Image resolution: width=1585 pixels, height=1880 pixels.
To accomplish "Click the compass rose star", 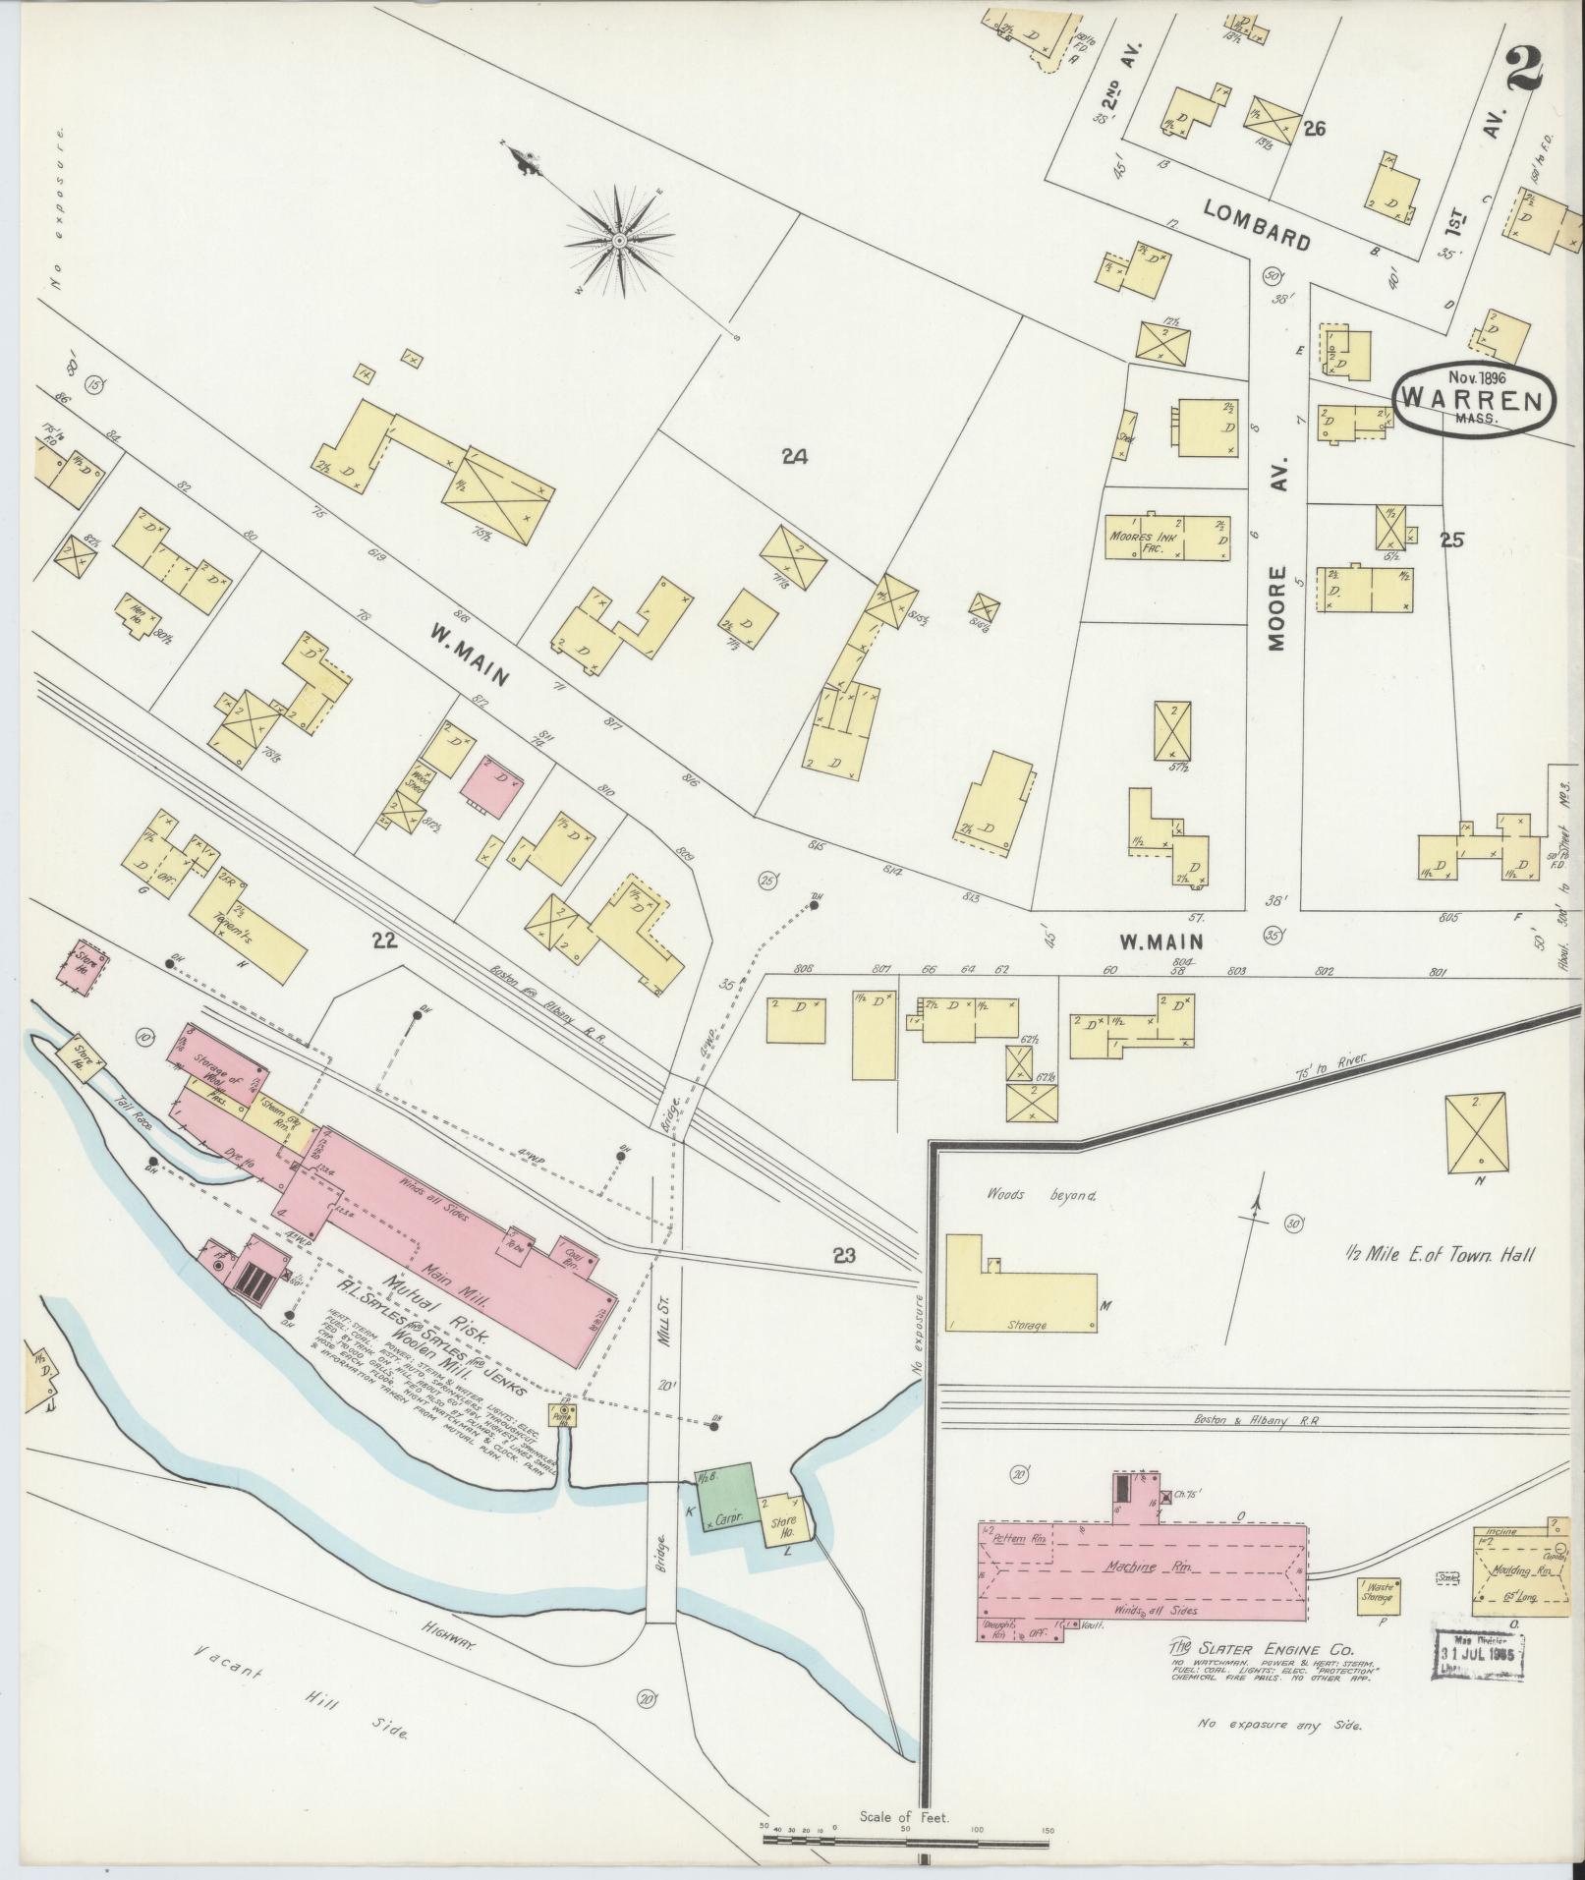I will (x=620, y=240).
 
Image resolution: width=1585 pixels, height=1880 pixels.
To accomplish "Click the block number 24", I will (x=794, y=456).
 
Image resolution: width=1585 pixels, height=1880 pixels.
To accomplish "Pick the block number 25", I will (x=1452, y=539).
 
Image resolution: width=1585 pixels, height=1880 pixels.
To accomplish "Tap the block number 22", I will (x=384, y=940).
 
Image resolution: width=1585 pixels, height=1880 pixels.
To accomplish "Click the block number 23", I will (x=844, y=1254).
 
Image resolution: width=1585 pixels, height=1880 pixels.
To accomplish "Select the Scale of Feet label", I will (x=903, y=1817).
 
